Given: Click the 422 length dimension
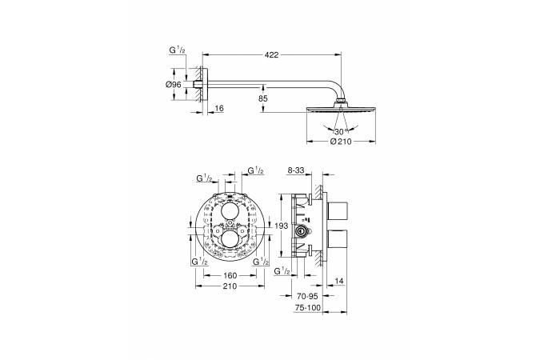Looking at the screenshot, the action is (x=272, y=54).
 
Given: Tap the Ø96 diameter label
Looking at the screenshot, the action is (x=174, y=85).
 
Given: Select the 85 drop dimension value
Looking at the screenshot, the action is (x=263, y=98).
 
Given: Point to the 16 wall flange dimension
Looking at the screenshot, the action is (x=219, y=108).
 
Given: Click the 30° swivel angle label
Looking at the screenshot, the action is (x=340, y=131).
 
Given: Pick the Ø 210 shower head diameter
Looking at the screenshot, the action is (x=341, y=142).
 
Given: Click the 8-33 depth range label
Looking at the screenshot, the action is (x=295, y=170).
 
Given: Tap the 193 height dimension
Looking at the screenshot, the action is (x=282, y=226).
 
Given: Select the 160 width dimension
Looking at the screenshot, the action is (x=230, y=275).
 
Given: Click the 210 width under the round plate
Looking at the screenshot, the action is (x=230, y=286).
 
